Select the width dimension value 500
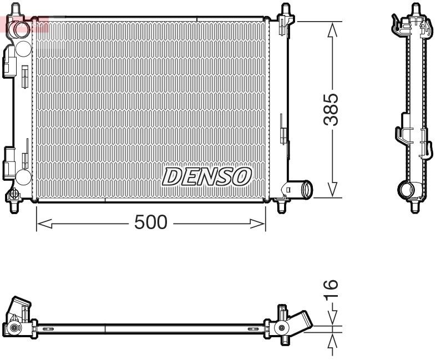click(150, 223)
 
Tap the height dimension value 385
click(331, 109)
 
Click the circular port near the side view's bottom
click(408, 190)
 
